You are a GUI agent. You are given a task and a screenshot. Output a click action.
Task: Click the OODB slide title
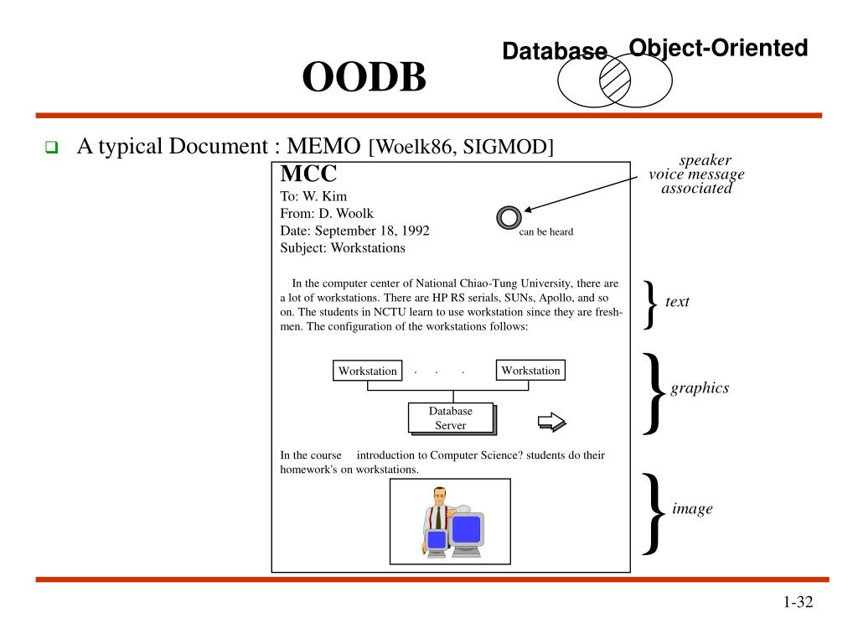point(364,79)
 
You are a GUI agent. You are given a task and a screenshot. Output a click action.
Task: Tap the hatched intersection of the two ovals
point(615,80)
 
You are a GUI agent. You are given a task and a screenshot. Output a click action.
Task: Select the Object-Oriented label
point(718,48)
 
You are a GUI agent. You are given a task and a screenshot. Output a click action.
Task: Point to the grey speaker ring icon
point(509,218)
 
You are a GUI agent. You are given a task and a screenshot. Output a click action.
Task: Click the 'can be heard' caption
point(545,232)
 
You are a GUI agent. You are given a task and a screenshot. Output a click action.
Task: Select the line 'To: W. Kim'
point(313,197)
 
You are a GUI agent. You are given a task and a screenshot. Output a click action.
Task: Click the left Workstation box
point(368,371)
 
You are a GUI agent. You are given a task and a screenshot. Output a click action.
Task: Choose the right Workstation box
point(530,370)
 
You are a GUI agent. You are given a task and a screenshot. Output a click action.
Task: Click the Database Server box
point(451,418)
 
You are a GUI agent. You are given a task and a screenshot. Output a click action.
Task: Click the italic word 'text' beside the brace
point(677,302)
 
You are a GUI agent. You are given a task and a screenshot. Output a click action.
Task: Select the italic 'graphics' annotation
point(700,388)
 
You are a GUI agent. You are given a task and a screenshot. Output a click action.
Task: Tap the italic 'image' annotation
point(692,509)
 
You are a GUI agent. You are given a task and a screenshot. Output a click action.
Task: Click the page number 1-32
point(799,602)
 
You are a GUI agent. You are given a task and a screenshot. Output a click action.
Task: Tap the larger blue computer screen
point(466,529)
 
